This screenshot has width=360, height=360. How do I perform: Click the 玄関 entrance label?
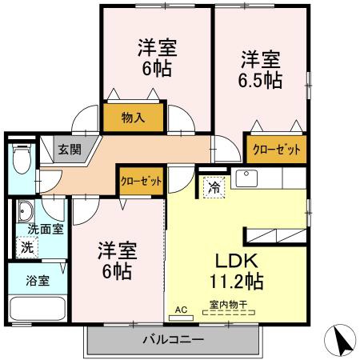(69, 149)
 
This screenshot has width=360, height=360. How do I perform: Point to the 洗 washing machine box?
(26, 247)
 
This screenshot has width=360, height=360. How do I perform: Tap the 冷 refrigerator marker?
(214, 188)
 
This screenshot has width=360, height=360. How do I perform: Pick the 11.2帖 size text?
(238, 282)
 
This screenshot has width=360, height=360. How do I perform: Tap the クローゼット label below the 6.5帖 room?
(277, 150)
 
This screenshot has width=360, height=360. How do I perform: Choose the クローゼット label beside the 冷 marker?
(141, 181)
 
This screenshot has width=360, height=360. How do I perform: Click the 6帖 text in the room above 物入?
(157, 67)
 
